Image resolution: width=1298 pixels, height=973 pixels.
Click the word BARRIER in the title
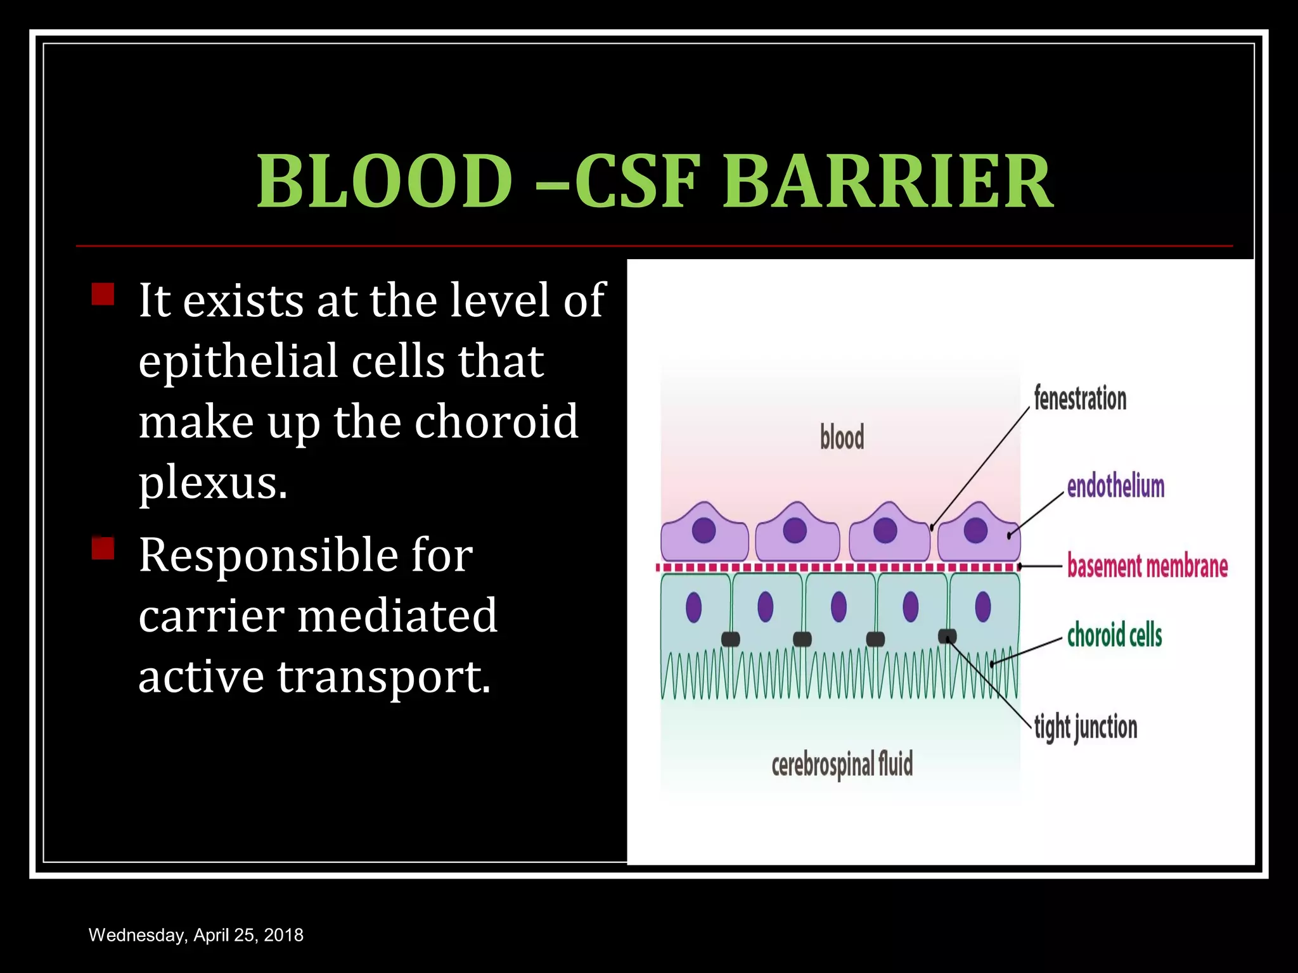(887, 182)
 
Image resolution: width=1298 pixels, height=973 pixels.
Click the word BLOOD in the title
(384, 182)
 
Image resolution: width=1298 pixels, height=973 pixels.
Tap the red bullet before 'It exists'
(103, 295)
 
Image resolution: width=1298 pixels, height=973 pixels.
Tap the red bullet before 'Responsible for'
(103, 548)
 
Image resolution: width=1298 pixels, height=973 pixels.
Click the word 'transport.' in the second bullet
(384, 677)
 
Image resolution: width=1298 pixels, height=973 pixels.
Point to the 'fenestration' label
(1080, 399)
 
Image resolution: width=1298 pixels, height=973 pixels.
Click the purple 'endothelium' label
(1115, 486)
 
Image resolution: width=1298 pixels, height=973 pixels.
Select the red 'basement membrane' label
(1147, 566)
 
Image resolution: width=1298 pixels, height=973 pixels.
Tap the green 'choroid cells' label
(1114, 635)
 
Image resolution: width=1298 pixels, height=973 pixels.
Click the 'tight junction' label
(1086, 727)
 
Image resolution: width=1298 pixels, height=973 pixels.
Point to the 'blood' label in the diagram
(842, 438)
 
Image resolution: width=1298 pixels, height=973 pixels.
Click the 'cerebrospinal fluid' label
(842, 765)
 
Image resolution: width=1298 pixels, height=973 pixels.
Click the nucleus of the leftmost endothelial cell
(704, 530)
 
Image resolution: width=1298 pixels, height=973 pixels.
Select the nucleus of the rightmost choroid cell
(983, 606)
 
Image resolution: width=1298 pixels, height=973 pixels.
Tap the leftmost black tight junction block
(731, 639)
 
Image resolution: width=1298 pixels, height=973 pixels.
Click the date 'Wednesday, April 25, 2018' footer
(196, 935)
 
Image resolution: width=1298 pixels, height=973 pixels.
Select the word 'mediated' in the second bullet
(397, 616)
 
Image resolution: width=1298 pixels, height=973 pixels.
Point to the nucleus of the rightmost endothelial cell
(975, 530)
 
